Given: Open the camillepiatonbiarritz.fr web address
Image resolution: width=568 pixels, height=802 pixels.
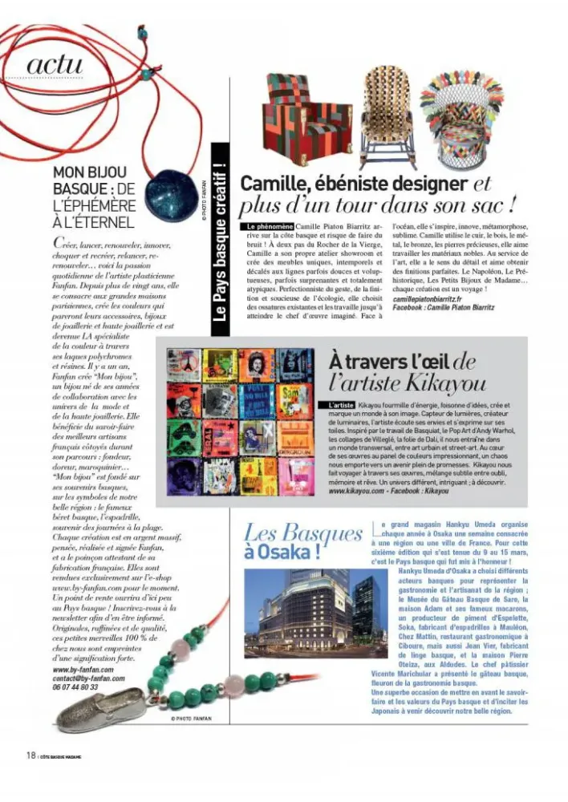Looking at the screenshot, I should point(433,298).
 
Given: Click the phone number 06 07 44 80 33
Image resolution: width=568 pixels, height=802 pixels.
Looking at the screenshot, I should point(75,687).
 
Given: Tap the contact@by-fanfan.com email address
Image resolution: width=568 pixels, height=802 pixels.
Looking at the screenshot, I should point(88,678).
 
